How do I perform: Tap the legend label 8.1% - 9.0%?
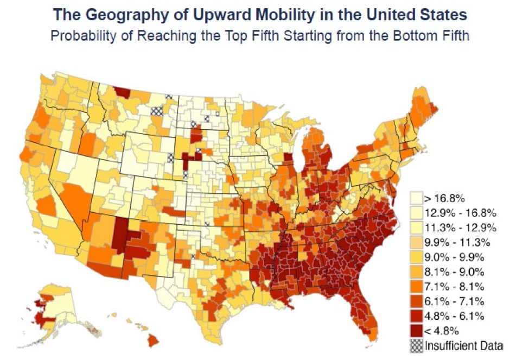[x=450, y=271]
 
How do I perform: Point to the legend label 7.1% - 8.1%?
[x=450, y=286]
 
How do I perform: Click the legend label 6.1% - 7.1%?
[x=450, y=301]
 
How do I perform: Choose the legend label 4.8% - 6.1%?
[x=450, y=315]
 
